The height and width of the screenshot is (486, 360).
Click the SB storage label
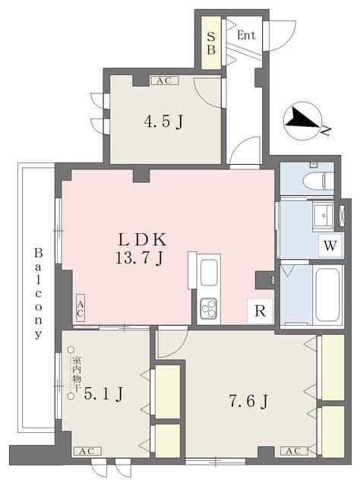pyautogui.click(x=211, y=43)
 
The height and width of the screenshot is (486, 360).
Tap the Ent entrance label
pyautogui.click(x=246, y=35)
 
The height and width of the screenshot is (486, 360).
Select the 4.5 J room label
pyautogui.click(x=163, y=121)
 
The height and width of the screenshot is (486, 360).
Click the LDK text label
pyautogui.click(x=143, y=240)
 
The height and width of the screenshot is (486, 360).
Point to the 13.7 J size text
pyautogui.click(x=140, y=257)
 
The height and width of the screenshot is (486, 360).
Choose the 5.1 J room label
pyautogui.click(x=104, y=394)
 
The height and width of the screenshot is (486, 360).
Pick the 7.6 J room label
pyautogui.click(x=248, y=401)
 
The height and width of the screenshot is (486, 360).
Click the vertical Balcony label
pyautogui.click(x=38, y=293)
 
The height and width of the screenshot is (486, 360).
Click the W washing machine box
pyautogui.click(x=330, y=246)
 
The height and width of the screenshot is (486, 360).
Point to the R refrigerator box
pyautogui.click(x=260, y=311)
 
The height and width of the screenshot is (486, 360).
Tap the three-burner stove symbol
pyautogui.click(x=208, y=308)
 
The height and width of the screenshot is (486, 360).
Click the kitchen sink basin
pyautogui.click(x=208, y=273)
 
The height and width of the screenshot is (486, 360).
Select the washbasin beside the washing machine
pyautogui.click(x=323, y=216)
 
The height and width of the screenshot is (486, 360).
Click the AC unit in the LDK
pyautogui.click(x=80, y=308)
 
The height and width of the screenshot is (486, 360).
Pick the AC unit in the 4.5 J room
pyautogui.click(x=165, y=80)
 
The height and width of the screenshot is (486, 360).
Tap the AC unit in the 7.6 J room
pyautogui.click(x=294, y=451)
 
